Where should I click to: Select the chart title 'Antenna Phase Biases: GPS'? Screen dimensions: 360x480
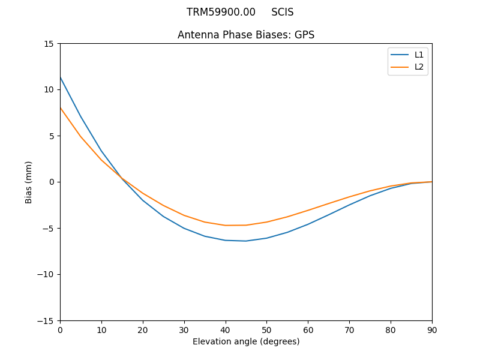tap(246, 35)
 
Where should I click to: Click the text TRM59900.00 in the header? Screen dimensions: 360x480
tap(221, 12)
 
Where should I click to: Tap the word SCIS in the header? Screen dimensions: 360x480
tap(283, 12)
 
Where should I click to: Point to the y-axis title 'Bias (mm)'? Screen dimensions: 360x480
tap(29, 182)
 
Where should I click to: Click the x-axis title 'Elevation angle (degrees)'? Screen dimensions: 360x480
tap(246, 341)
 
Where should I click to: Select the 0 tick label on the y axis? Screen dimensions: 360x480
tap(52, 182)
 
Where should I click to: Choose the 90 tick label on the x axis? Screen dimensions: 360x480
tap(432, 329)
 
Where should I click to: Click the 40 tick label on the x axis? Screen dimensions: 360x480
tap(226, 329)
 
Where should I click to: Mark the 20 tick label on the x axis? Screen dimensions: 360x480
tap(143, 329)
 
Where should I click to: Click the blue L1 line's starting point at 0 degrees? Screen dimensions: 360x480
tap(61, 77)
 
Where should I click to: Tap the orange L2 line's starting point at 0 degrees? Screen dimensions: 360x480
tap(61, 108)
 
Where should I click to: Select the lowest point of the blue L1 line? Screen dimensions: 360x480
tap(246, 241)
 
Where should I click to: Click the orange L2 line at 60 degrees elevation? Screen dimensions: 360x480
tap(308, 211)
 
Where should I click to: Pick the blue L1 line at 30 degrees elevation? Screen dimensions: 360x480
tap(184, 228)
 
